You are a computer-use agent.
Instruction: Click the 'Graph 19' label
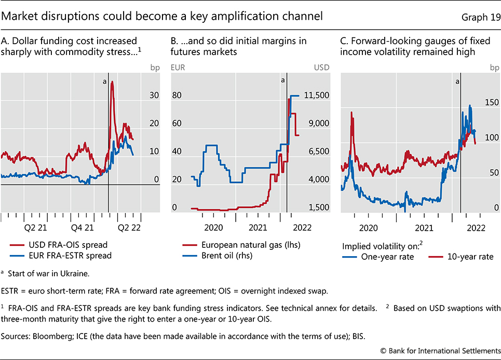coord(479,17)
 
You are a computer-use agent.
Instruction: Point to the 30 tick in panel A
coord(154,95)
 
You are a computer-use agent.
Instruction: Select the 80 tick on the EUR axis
coord(177,95)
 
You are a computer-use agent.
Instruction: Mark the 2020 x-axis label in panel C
coord(368,227)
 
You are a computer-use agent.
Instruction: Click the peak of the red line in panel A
coord(112,82)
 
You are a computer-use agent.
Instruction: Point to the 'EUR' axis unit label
coord(179,67)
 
